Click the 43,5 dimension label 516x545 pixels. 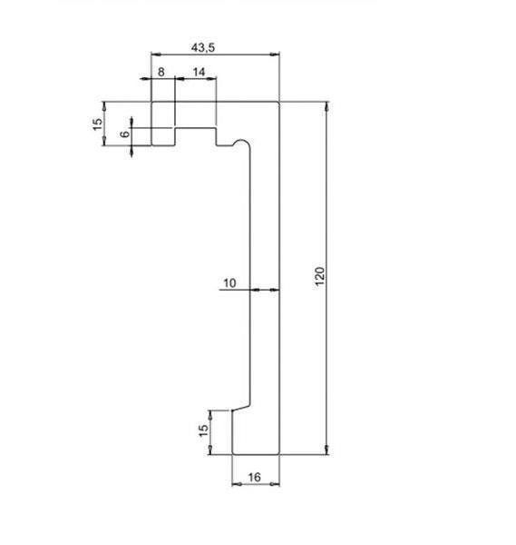203,47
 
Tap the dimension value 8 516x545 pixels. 161,72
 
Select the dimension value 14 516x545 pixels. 199,72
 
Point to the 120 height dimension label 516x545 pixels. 319,276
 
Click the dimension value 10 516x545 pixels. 229,282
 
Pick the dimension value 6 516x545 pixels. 125,134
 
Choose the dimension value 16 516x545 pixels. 254,477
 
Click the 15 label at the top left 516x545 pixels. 98,124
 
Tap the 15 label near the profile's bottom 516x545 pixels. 203,431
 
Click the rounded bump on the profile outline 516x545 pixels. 241,140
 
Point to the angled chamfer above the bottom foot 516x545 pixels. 241,407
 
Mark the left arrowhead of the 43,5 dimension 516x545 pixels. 156,54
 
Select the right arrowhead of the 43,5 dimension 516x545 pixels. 275,54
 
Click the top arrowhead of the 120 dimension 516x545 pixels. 326,106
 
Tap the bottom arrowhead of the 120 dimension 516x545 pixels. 326,450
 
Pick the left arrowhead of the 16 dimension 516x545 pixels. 237,484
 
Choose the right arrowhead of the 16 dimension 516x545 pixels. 275,484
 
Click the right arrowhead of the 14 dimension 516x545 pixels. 211,78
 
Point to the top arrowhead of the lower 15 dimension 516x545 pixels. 210,415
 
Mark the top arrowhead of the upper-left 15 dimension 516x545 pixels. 104,106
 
